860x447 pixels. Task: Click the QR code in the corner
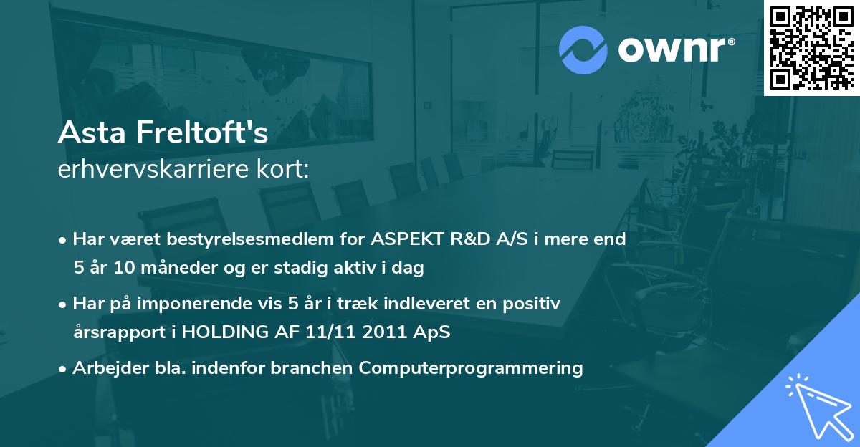coord(811,47)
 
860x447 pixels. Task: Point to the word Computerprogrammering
coord(471,368)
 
